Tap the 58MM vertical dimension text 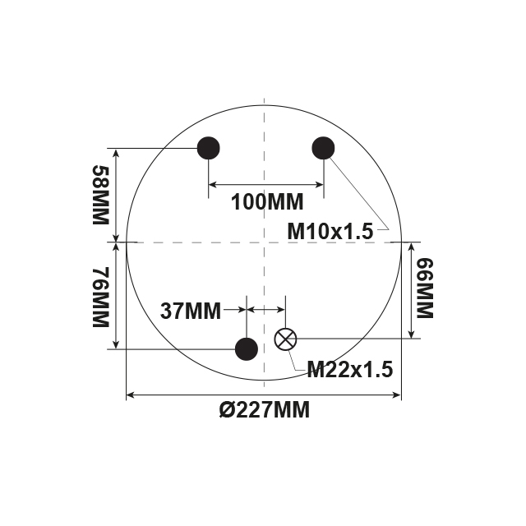(100, 196)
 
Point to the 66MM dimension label (424, 288)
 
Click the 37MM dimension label (191, 311)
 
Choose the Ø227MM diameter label (265, 410)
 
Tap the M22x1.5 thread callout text (350, 370)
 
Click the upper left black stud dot (209, 148)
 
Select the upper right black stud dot (324, 148)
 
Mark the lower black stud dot (247, 349)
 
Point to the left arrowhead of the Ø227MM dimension (130, 396)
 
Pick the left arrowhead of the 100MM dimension (213, 184)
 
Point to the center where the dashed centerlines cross (264, 242)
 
